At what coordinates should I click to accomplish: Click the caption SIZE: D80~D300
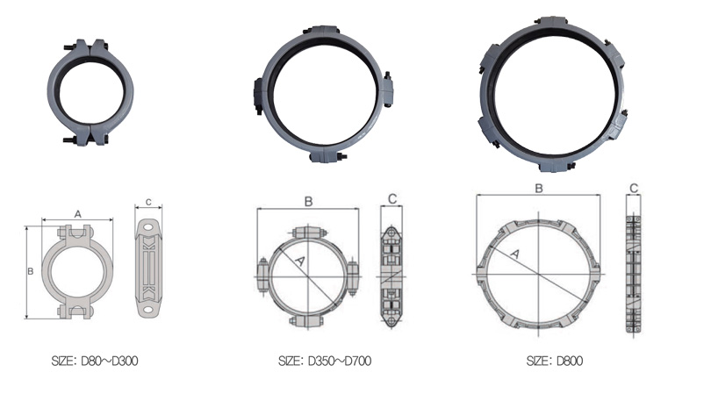point(95,361)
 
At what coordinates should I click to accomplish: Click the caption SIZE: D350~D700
point(325,361)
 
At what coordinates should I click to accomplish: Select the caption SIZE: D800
point(555,361)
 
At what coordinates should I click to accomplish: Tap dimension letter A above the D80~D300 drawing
point(77,214)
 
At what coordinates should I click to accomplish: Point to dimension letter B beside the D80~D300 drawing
point(31,271)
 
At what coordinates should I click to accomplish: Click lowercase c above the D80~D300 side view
point(148,203)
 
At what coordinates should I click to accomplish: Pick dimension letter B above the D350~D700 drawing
point(308,202)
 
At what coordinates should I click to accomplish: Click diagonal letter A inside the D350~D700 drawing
point(300,261)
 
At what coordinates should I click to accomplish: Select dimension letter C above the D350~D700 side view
point(392,199)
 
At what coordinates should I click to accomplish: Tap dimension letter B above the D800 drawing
point(539,189)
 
